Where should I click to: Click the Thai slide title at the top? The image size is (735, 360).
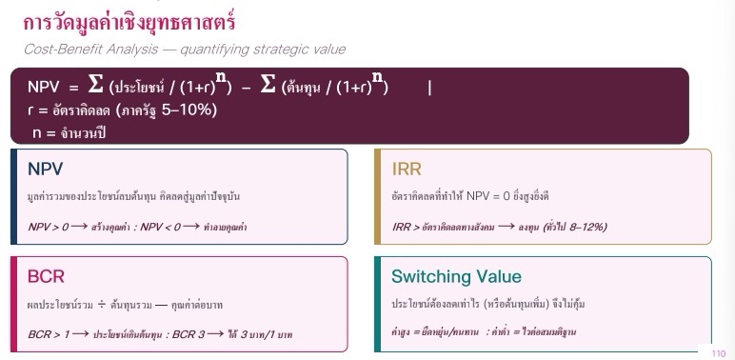(x=129, y=23)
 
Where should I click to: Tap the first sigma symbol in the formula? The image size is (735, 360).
(x=95, y=85)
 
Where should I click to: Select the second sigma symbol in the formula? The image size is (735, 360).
(x=268, y=85)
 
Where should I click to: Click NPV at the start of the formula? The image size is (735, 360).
(x=44, y=88)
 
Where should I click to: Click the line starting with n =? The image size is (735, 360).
(x=70, y=132)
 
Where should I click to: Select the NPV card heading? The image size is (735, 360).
(x=45, y=169)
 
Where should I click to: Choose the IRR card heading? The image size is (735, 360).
(x=407, y=169)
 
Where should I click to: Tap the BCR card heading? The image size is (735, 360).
(x=46, y=276)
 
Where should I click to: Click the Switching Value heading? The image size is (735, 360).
(x=456, y=276)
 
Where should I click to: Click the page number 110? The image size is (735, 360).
(x=718, y=353)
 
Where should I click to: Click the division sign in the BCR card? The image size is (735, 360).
(x=102, y=305)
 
